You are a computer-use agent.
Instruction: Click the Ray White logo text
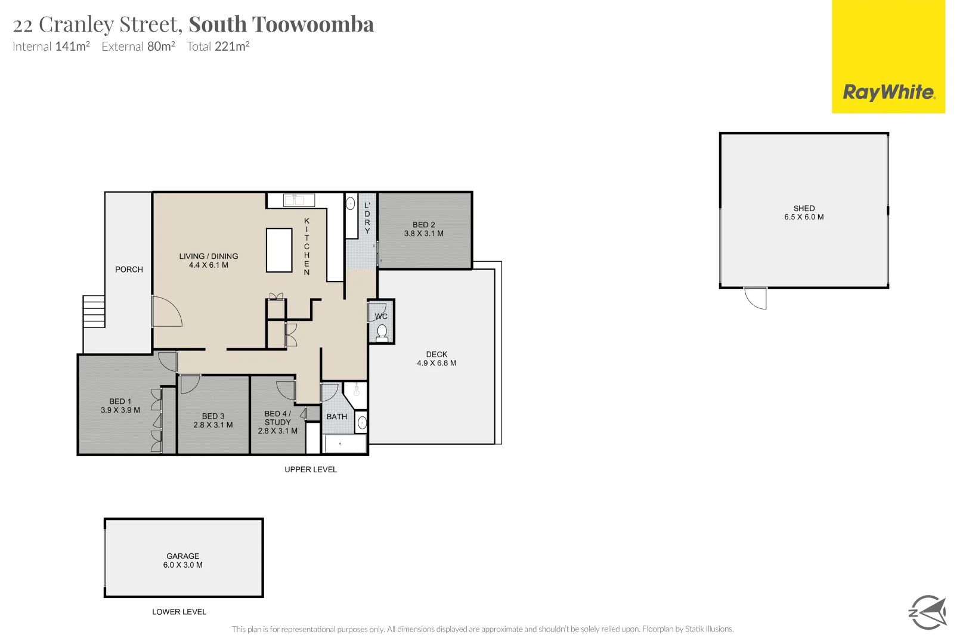[x=888, y=92]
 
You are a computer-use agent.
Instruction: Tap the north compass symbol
[x=927, y=612]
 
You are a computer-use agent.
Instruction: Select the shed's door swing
[x=756, y=298]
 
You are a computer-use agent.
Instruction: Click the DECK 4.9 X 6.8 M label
[x=436, y=358]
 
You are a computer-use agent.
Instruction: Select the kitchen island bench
[x=279, y=250]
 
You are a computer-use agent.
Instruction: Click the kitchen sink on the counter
[x=299, y=200]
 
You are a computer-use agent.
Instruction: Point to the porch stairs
[x=94, y=311]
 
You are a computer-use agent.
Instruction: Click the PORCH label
[x=129, y=270]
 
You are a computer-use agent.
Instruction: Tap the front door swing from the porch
[x=167, y=311]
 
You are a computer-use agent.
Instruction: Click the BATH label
[x=337, y=417]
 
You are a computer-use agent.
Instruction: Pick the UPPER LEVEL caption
[x=311, y=470]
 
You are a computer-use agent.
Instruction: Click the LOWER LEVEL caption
[x=179, y=612]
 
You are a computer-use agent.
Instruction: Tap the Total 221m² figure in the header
[x=218, y=47]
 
